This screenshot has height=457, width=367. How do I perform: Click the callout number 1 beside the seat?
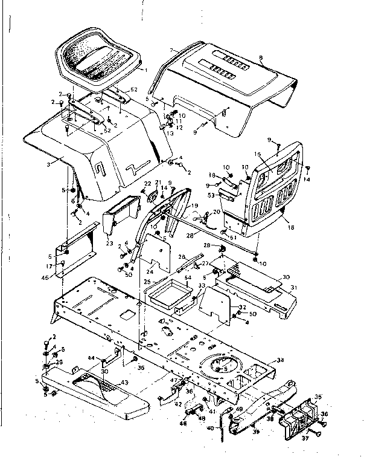(x=145, y=71)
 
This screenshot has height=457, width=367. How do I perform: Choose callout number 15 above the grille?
(x=258, y=155)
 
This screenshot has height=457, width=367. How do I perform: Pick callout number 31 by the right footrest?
(x=294, y=287)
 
